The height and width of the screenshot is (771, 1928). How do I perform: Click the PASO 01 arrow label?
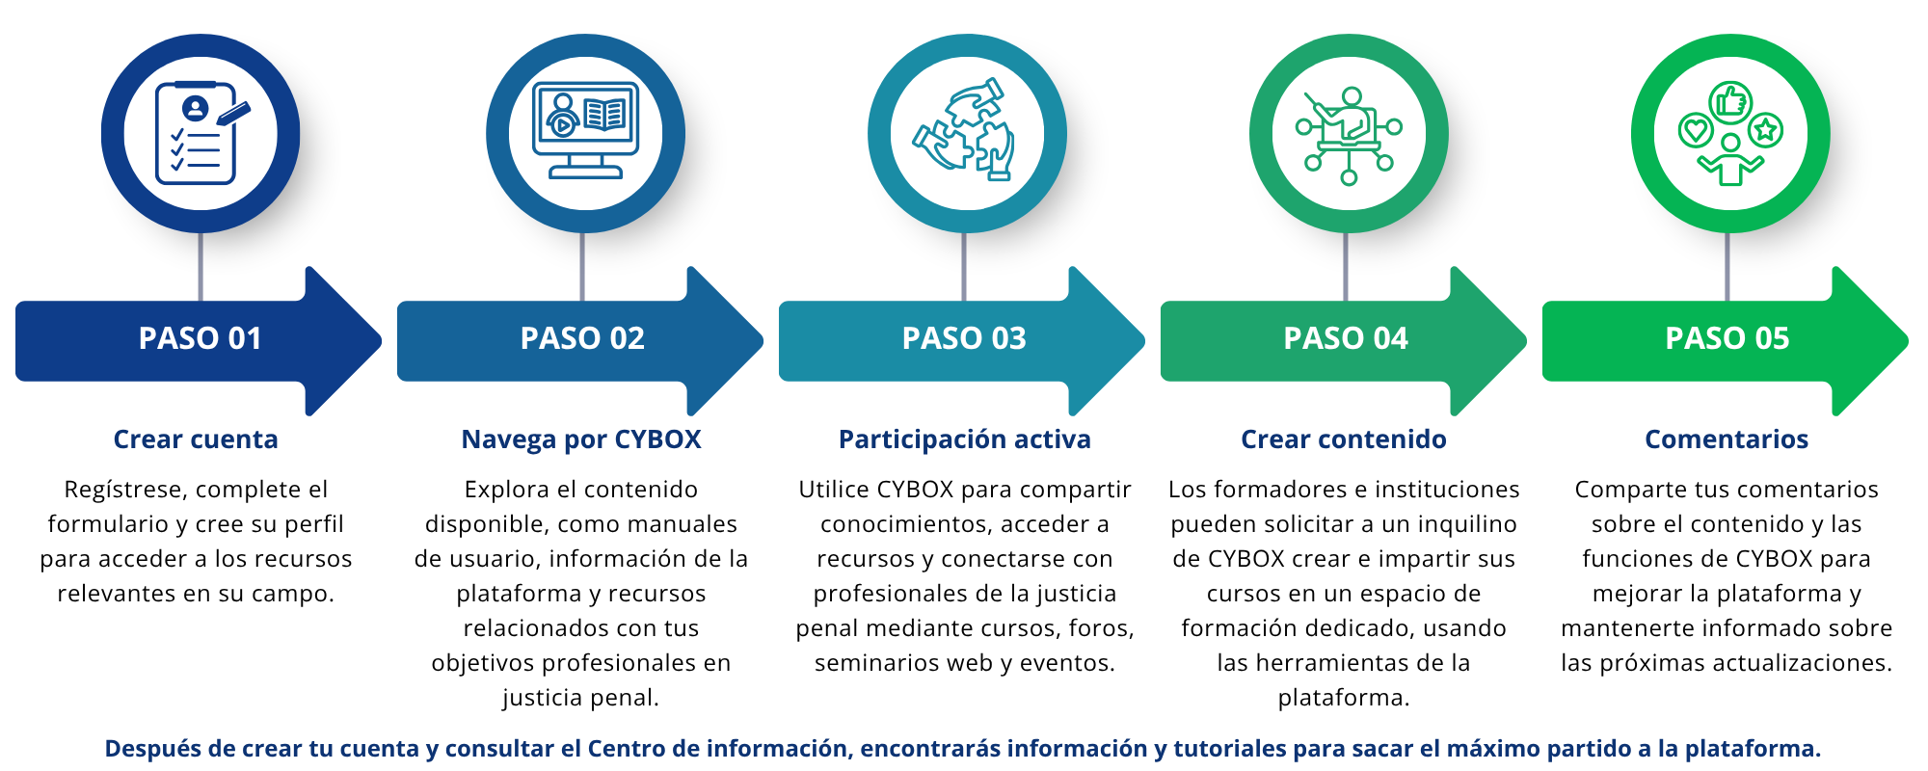tap(200, 338)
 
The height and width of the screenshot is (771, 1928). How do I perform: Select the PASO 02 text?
tap(582, 338)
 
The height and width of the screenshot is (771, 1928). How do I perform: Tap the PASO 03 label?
tap(964, 338)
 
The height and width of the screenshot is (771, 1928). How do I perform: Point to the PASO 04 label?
tap(1346, 338)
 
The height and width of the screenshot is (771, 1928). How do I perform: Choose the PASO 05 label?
tap(1727, 338)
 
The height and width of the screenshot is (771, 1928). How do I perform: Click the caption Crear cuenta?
tap(196, 439)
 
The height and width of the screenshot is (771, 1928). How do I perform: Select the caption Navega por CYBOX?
tap(581, 439)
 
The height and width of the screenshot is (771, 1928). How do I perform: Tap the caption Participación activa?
tap(964, 439)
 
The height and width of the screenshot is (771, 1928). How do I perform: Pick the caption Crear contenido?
tap(1343, 439)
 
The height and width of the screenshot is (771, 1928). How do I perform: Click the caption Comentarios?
tap(1726, 439)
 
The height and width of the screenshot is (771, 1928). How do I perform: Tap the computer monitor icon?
tap(585, 131)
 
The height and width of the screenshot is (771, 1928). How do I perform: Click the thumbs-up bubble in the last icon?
tap(1730, 101)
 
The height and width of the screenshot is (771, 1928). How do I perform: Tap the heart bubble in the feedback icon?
tap(1696, 130)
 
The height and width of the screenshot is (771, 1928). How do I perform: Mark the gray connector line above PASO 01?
tap(201, 266)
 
